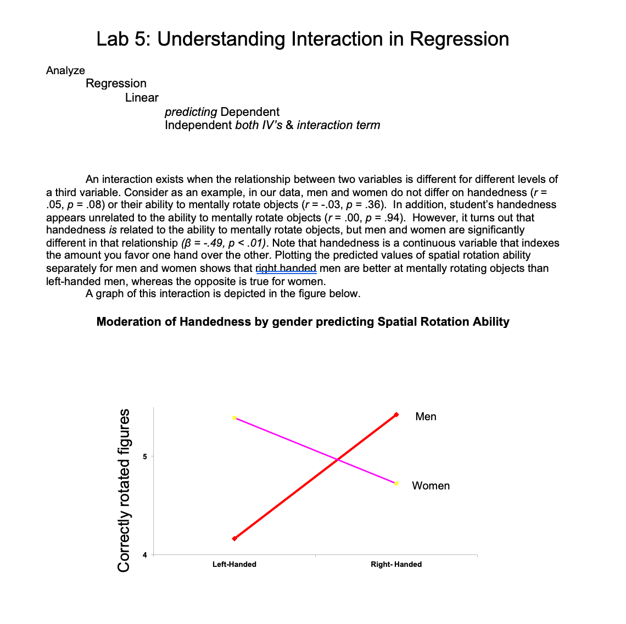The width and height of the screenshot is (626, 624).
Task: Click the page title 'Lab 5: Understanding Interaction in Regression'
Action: point(303,39)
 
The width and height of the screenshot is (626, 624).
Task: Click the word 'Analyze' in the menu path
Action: point(65,70)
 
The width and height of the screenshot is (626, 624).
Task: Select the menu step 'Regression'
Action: point(116,83)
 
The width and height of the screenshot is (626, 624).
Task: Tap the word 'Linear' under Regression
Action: point(142,98)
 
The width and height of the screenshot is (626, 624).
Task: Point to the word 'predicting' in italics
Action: point(191,112)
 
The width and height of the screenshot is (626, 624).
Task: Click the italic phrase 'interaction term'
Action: point(338,125)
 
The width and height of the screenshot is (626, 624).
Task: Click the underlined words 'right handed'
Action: point(286,268)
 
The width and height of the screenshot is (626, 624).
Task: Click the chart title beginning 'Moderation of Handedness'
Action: point(303,322)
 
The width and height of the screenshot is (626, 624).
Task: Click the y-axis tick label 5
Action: point(145,456)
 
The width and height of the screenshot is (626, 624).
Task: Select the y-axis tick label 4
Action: point(145,555)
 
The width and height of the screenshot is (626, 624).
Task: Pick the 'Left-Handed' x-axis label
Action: point(234,564)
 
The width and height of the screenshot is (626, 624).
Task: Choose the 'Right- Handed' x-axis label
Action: point(396,564)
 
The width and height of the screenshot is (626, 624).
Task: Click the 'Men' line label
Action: point(426,416)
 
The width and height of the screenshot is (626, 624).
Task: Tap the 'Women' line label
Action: point(431,486)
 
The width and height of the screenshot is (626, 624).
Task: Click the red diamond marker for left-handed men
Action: point(234,538)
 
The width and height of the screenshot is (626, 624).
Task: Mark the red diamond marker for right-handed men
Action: point(396,415)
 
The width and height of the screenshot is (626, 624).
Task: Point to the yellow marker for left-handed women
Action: point(234,418)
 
